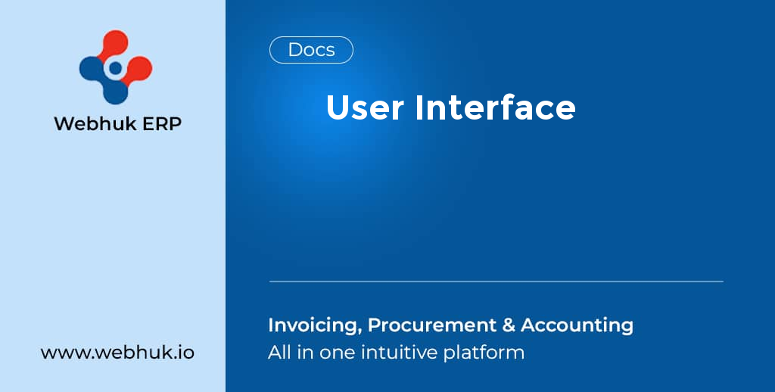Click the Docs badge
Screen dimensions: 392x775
coord(311,50)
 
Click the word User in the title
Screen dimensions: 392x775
coord(365,107)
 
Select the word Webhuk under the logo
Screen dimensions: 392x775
coord(89,123)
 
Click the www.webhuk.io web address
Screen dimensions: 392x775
coord(117,353)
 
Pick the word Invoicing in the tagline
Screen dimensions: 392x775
coord(313,325)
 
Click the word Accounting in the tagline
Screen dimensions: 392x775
coord(577,325)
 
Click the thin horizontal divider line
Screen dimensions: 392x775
coord(496,282)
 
